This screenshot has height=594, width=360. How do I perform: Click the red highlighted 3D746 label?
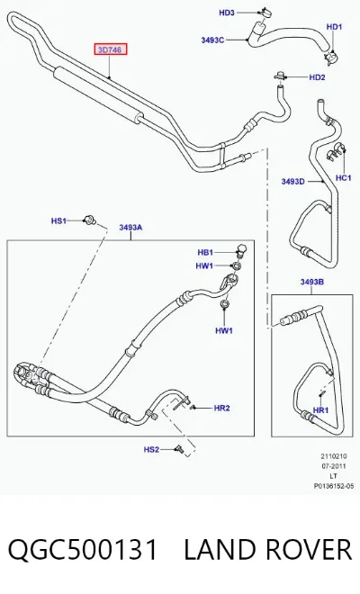111,49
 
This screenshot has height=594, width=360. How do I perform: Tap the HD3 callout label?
227,13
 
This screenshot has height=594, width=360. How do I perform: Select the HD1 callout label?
334,27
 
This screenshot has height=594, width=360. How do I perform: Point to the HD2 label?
317,77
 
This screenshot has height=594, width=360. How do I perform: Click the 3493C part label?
212,40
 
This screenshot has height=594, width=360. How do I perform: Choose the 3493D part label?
292,182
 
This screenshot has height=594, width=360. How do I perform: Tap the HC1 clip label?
343,177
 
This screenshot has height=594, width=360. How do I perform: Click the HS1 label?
58,220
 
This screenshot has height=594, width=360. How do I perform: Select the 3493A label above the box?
130,228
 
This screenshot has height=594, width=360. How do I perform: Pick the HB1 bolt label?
205,252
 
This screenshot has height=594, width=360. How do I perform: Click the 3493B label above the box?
312,282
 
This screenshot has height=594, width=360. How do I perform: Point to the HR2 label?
221,408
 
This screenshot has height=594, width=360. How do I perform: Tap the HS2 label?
151,450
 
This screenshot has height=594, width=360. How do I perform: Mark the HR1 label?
321,410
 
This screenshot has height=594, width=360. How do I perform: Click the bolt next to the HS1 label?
89,220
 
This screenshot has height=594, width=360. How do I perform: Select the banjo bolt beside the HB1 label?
241,249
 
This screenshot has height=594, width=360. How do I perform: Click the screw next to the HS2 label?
178,450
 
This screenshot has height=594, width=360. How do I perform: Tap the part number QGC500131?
82,550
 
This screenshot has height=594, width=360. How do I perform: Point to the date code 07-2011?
334,466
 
